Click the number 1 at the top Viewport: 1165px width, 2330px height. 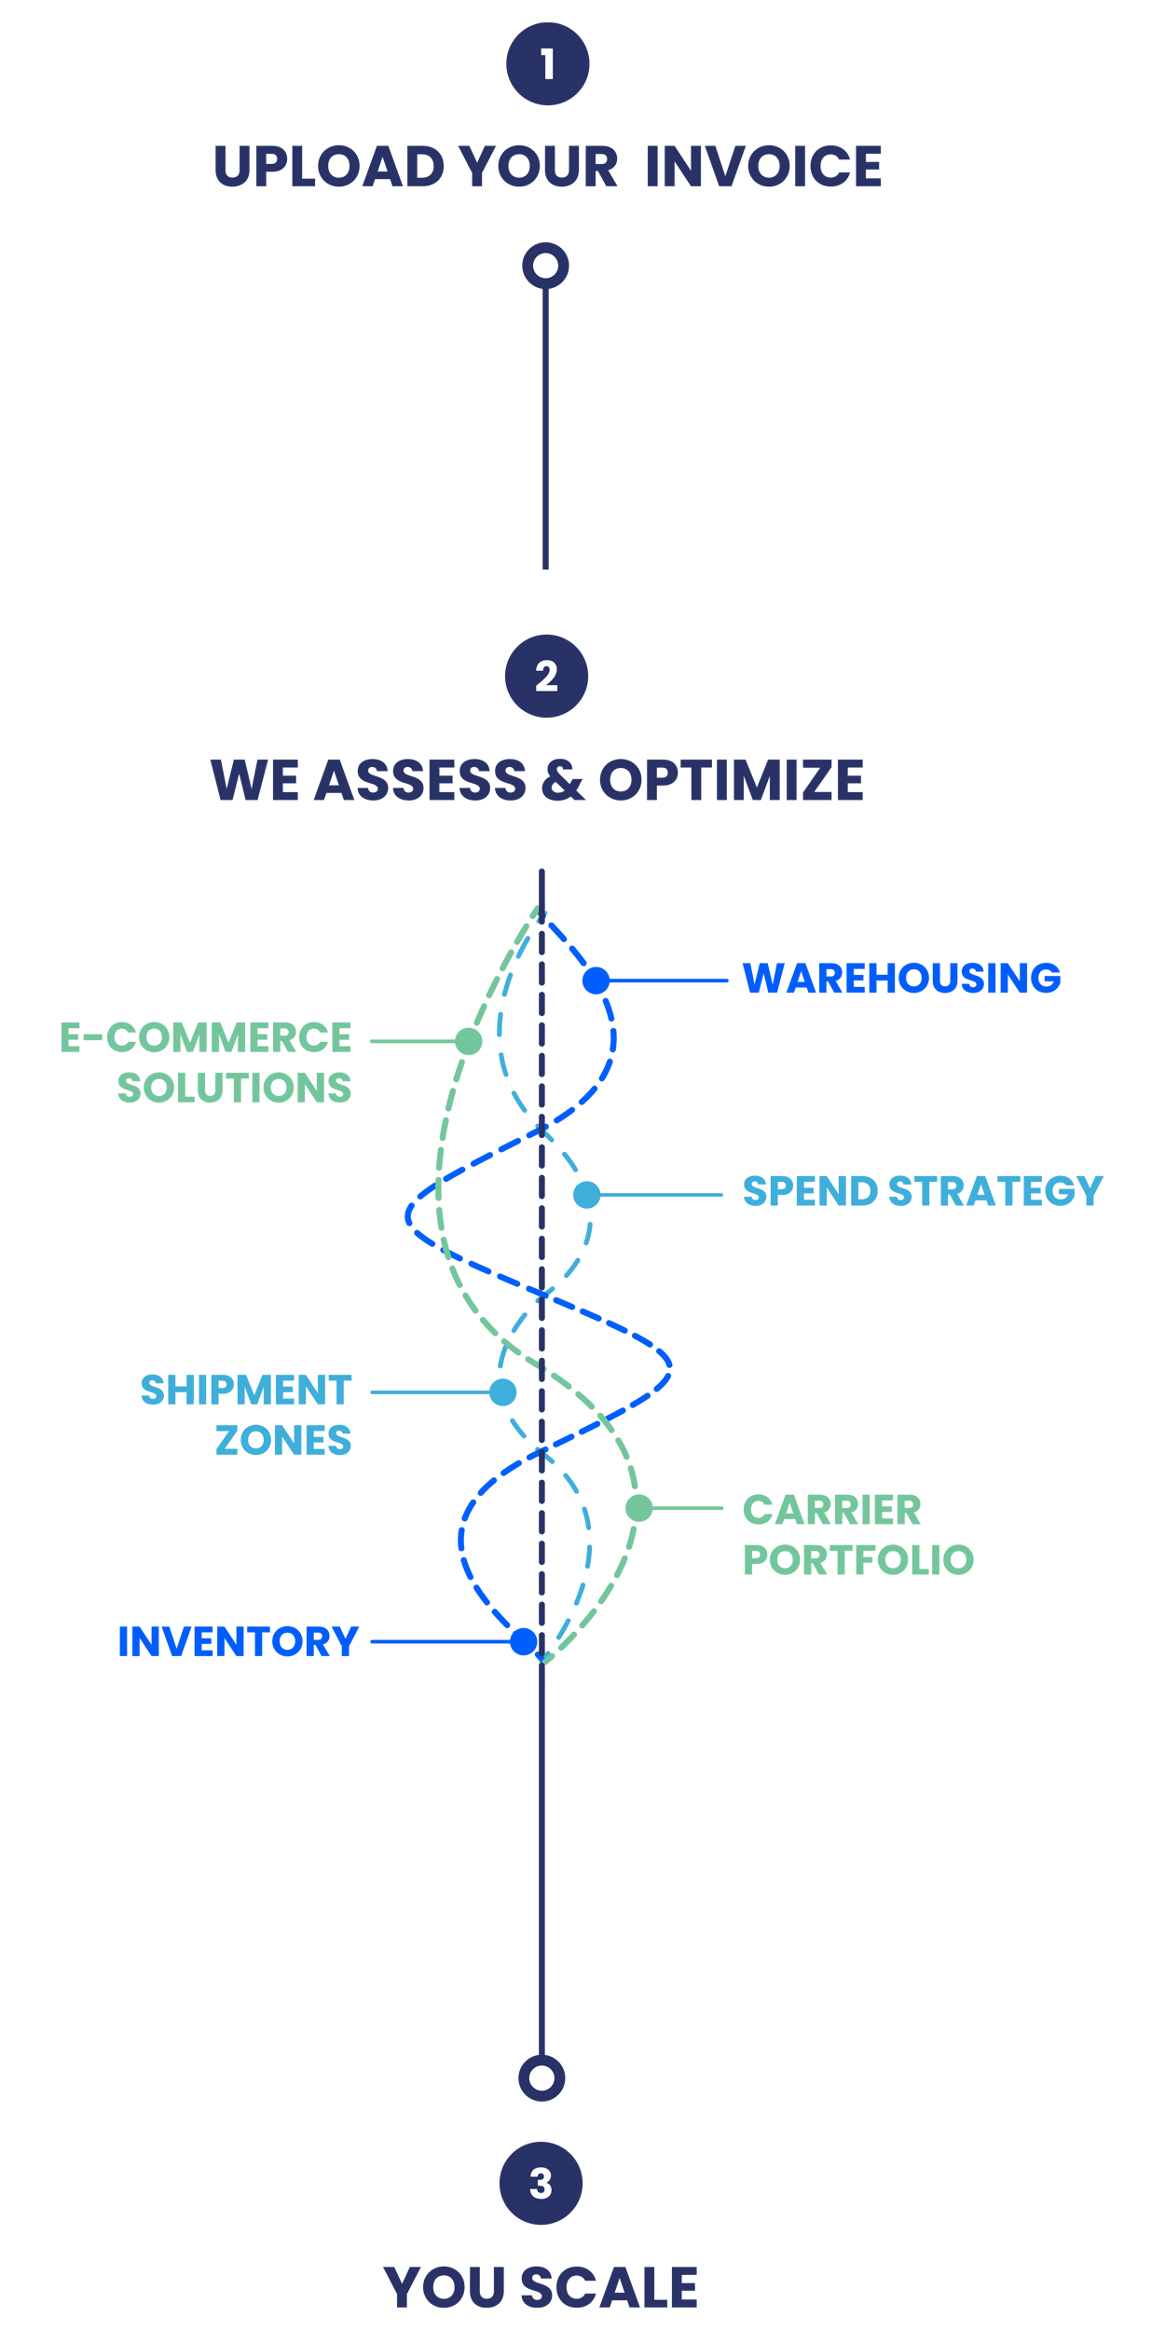(x=548, y=64)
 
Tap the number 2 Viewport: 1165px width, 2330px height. (x=547, y=676)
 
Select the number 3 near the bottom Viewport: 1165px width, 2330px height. (x=541, y=2183)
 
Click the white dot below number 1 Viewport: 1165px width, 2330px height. (x=545, y=266)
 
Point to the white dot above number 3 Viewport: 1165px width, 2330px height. (x=541, y=2077)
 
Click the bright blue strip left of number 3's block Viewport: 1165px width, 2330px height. (x=322, y=2238)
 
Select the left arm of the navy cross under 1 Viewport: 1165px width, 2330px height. (x=298, y=200)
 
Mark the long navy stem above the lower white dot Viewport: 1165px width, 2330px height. (x=597, y=1864)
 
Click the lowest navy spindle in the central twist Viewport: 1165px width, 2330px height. (x=534, y=1547)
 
